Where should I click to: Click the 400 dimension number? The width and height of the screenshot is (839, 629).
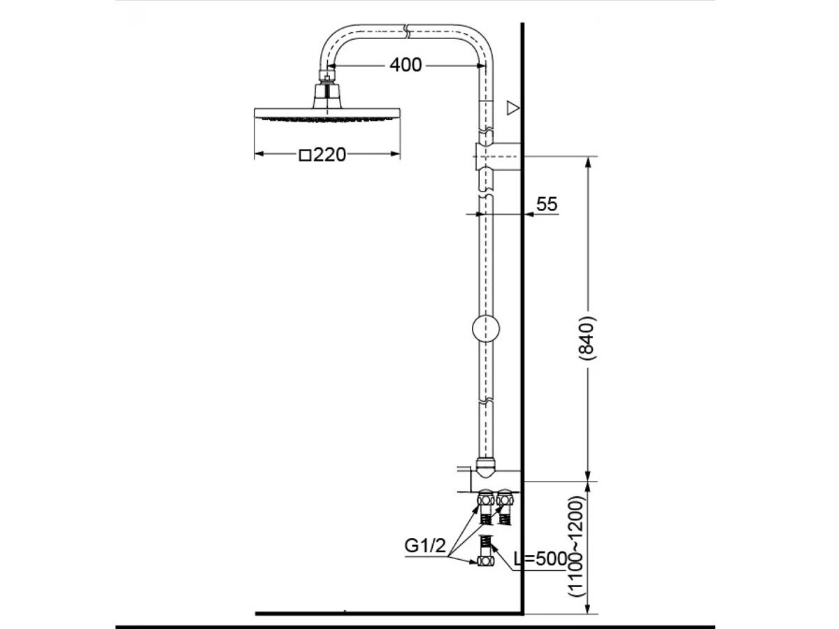(406, 65)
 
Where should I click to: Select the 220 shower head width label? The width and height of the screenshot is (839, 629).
(329, 154)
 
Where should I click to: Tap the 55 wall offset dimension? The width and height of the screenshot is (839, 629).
(547, 204)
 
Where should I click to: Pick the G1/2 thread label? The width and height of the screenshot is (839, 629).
(424, 546)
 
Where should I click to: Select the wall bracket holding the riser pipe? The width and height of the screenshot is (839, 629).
(498, 156)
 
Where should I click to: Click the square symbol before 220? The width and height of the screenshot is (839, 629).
(305, 155)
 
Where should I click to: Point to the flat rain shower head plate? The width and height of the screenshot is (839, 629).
(328, 113)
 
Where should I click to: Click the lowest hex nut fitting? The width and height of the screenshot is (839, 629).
(485, 561)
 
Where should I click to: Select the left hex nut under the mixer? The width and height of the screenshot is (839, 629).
(485, 500)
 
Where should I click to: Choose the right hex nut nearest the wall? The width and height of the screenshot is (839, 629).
(505, 500)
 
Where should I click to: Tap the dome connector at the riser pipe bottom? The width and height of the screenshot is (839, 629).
(485, 464)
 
